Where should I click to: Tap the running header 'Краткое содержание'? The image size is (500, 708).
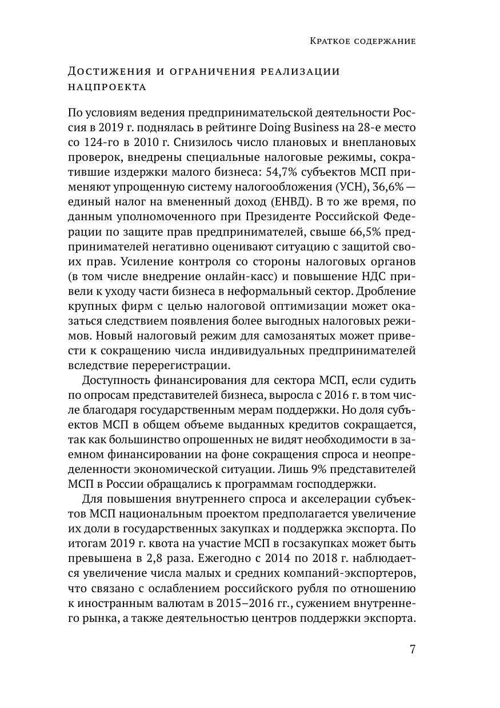362,41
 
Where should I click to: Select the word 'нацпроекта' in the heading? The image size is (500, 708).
107,87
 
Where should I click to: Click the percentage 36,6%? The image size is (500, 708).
377,187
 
